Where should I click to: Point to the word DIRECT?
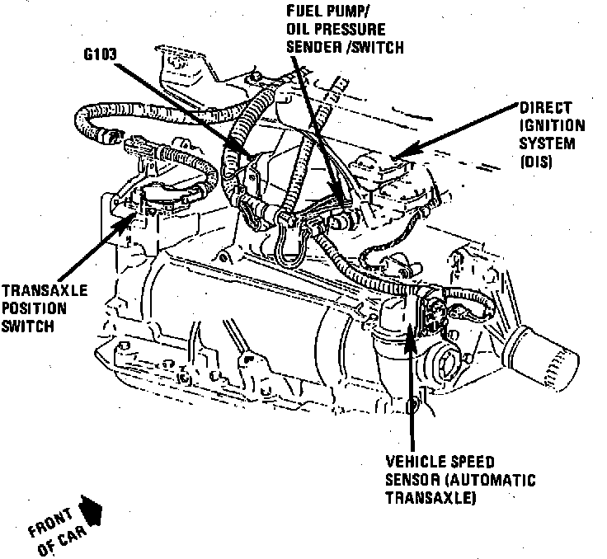click(540, 109)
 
